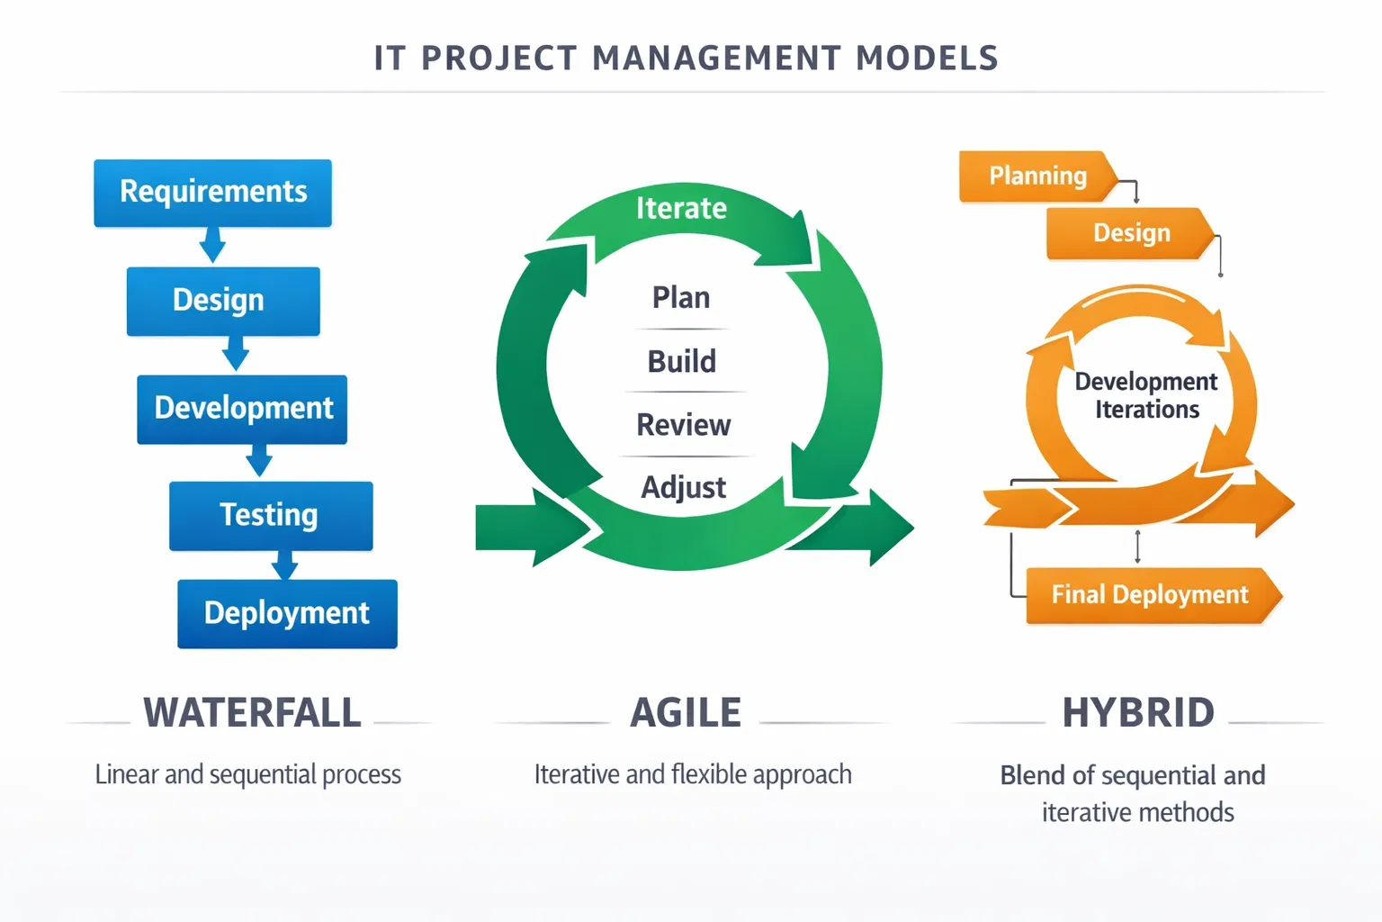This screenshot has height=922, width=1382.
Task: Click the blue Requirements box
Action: (213, 194)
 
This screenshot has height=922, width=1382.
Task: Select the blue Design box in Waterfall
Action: (223, 302)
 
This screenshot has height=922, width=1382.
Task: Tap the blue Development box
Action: (242, 409)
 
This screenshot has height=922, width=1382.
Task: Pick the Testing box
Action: (271, 516)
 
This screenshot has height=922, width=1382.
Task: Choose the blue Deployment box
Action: (288, 614)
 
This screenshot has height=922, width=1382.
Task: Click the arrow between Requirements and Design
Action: (212, 245)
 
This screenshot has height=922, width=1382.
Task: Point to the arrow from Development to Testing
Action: (259, 460)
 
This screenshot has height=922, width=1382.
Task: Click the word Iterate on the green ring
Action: (681, 208)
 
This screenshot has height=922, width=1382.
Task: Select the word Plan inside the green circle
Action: (681, 298)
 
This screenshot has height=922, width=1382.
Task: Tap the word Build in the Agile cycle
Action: (682, 361)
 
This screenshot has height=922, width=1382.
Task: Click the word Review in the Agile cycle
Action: (684, 425)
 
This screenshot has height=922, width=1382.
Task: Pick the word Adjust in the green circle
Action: (684, 487)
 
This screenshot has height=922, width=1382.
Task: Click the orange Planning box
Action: (1038, 176)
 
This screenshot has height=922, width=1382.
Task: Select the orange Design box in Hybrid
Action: (1131, 233)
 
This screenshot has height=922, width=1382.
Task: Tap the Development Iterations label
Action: (1146, 395)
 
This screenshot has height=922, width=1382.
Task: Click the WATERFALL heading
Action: (252, 712)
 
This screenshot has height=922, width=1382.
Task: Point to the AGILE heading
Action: (686, 712)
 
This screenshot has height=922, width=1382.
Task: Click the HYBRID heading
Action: (1138, 712)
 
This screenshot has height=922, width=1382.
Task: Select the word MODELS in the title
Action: (928, 58)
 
